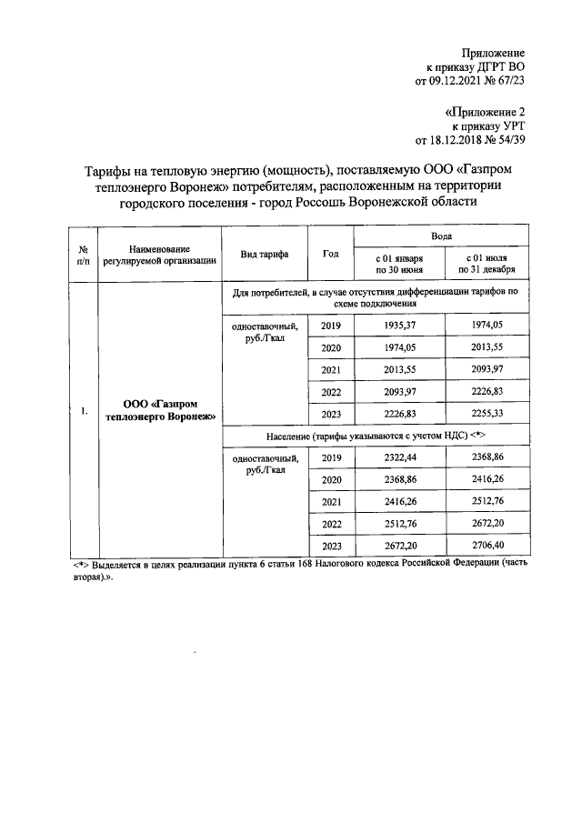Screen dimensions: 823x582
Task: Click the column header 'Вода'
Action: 442,235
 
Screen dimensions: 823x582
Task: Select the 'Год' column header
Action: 330,255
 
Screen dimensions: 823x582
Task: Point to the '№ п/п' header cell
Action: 83,255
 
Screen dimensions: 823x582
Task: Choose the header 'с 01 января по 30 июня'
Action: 399,264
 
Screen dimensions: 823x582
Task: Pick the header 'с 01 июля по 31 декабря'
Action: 487,264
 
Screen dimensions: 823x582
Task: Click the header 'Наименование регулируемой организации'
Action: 159,255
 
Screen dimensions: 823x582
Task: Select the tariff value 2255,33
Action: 487,413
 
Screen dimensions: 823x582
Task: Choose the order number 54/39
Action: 512,141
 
